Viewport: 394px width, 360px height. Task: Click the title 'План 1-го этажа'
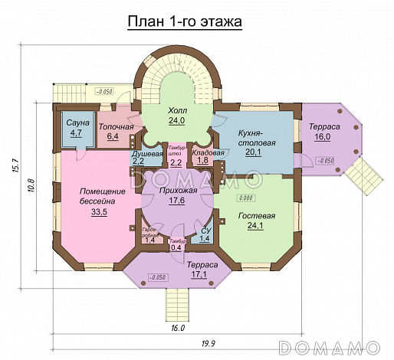(x=184, y=22)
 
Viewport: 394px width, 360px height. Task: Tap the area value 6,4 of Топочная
(x=113, y=137)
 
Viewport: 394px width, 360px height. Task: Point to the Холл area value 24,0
(x=179, y=120)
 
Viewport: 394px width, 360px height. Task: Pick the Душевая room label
(x=148, y=153)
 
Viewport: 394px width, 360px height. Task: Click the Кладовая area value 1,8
(x=203, y=161)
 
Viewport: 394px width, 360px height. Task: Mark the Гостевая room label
(x=256, y=215)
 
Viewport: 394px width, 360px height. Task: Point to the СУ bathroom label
(x=205, y=229)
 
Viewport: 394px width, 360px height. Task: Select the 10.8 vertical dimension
(x=31, y=186)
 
